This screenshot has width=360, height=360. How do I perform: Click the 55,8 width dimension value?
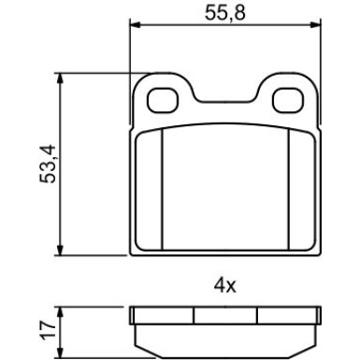[225, 13]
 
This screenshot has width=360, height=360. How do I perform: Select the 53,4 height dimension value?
[48, 164]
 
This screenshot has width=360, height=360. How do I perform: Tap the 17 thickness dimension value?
[49, 329]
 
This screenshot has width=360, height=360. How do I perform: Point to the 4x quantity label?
[224, 285]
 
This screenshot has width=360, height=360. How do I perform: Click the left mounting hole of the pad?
[163, 100]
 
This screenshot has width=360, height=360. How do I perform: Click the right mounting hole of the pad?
[287, 100]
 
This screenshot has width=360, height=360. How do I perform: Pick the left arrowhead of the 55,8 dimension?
[136, 25]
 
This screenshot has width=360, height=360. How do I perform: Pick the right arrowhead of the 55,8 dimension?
[314, 25]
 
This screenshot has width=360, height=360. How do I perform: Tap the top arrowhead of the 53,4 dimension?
[60, 79]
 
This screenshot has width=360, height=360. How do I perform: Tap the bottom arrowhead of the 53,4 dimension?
[60, 250]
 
